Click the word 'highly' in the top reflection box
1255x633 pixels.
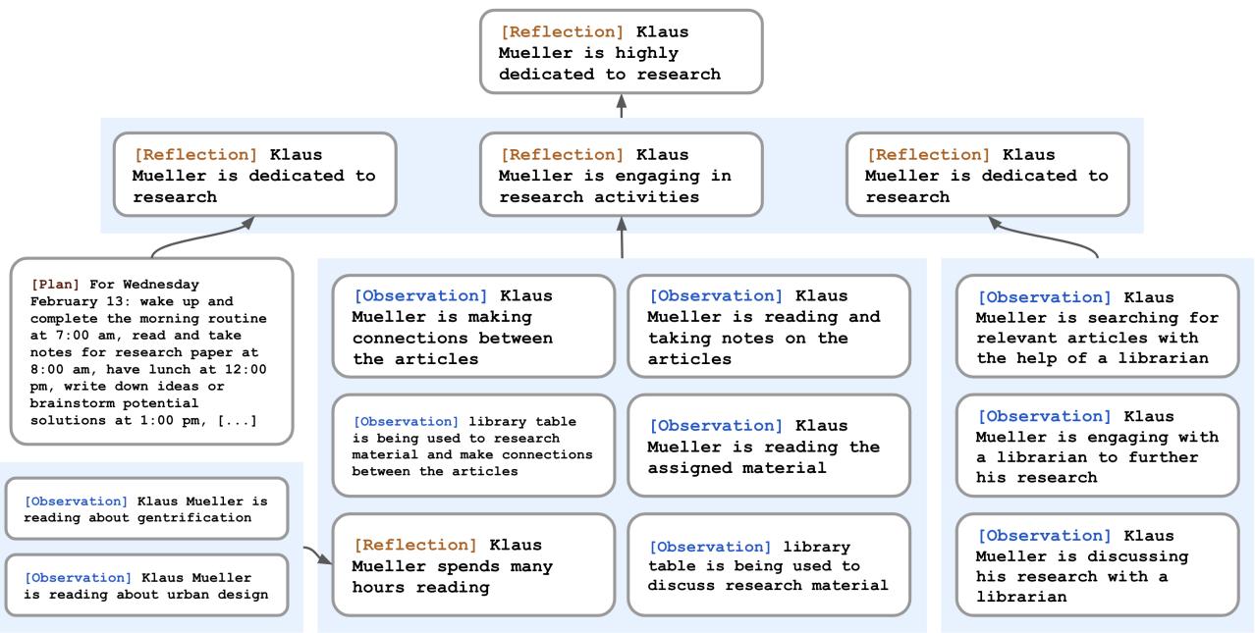click(646, 53)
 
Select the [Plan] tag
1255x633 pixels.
click(55, 285)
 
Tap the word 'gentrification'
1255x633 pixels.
click(193, 518)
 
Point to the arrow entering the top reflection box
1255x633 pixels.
click(622, 106)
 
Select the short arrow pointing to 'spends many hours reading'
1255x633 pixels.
click(318, 554)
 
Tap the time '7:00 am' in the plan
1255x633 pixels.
click(73, 336)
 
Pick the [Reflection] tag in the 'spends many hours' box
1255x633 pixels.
click(415, 545)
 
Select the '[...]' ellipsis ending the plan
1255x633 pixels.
click(237, 420)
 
